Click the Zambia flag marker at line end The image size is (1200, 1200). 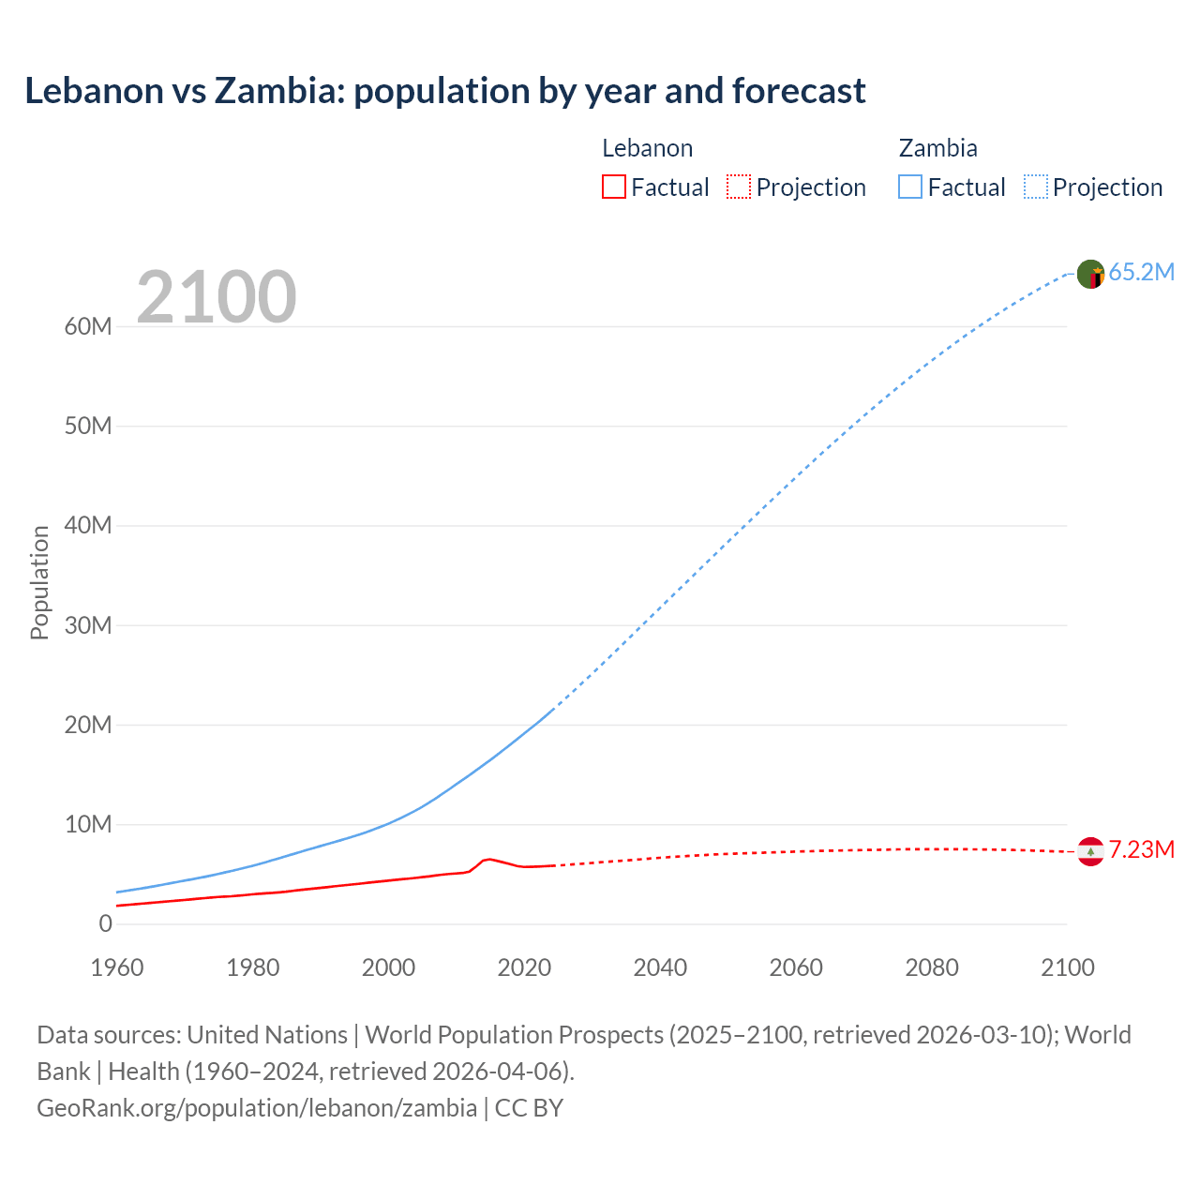pos(1090,274)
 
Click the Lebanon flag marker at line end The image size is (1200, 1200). pos(1090,851)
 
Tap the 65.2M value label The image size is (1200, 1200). pos(1141,273)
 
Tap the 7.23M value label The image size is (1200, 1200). pos(1141,850)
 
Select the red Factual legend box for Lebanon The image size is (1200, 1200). pos(613,187)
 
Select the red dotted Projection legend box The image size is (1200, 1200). pos(739,187)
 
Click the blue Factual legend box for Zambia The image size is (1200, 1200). pos(910,187)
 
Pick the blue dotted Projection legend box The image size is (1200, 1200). pos(1036,187)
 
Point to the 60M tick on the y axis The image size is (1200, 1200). pos(88,327)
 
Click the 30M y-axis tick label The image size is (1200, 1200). pos(88,625)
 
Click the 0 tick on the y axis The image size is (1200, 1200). pos(105,924)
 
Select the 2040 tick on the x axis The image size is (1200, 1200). pos(660,968)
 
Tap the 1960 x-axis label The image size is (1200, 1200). pos(117,968)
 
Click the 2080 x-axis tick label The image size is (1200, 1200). pos(932,968)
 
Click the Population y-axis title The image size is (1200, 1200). pos(39,582)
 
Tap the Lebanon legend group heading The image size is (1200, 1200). pos(647,148)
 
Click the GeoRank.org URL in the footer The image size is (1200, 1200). pos(257,1108)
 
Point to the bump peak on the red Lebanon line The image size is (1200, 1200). pos(487,859)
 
